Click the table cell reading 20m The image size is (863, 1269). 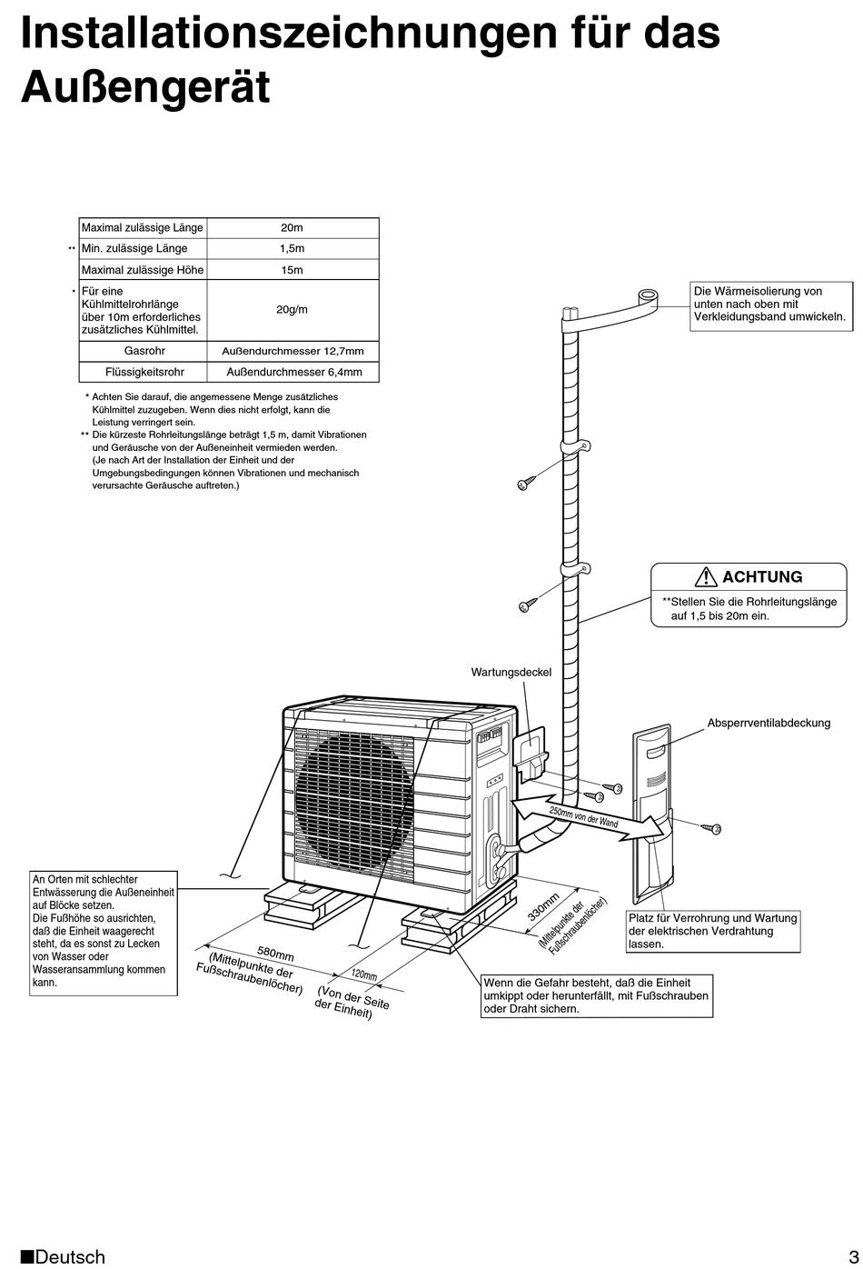292,228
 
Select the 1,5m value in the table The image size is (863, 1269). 292,249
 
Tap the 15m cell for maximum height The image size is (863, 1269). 292,270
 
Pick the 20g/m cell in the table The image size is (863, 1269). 292,310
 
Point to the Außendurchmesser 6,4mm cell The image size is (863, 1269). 293,372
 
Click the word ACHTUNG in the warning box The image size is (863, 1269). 762,577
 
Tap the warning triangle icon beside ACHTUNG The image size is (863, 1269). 706,576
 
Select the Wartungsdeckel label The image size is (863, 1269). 511,673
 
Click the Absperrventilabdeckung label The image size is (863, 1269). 769,724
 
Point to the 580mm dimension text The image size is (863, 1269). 275,954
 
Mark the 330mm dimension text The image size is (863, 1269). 543,907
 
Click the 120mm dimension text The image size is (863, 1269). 363,975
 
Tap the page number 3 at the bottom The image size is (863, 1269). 853,1256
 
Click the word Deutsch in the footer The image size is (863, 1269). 70,1257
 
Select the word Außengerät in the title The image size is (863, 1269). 145,88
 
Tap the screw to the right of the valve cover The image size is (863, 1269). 712,828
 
